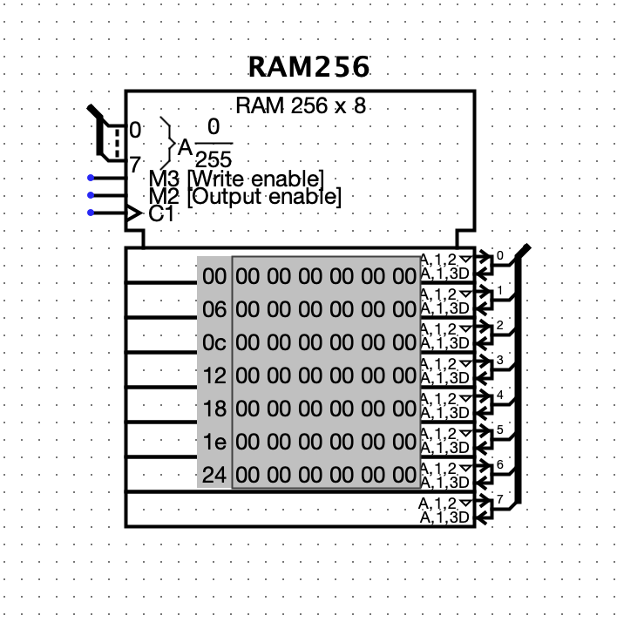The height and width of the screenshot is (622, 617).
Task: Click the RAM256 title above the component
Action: click(x=308, y=67)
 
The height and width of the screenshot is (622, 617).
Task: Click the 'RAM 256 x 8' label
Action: click(x=301, y=106)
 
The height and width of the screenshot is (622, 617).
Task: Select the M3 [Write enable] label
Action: click(x=236, y=179)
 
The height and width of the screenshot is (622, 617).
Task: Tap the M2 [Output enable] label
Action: click(x=245, y=197)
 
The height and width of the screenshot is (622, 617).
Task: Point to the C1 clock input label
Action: click(x=161, y=214)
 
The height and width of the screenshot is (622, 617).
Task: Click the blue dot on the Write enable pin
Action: click(x=91, y=179)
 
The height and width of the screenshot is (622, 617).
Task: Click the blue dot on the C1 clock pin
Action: click(x=91, y=213)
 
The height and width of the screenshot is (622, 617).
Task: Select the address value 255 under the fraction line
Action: click(x=214, y=159)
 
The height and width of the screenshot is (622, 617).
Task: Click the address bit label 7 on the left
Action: click(x=135, y=163)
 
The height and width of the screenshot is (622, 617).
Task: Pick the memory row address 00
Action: click(x=214, y=278)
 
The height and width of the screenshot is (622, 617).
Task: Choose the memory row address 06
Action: click(x=214, y=310)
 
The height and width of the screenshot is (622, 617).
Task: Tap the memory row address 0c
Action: click(x=214, y=343)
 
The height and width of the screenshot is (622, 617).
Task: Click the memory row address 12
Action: click(x=214, y=376)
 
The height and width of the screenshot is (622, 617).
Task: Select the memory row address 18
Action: click(x=214, y=409)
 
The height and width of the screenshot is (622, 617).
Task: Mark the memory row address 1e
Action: click(x=214, y=443)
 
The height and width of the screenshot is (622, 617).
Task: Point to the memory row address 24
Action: click(x=214, y=476)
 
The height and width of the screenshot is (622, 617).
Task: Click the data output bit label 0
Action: click(x=499, y=256)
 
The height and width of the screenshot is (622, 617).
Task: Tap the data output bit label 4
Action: click(x=499, y=396)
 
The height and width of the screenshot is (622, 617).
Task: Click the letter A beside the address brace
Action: click(x=185, y=148)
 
